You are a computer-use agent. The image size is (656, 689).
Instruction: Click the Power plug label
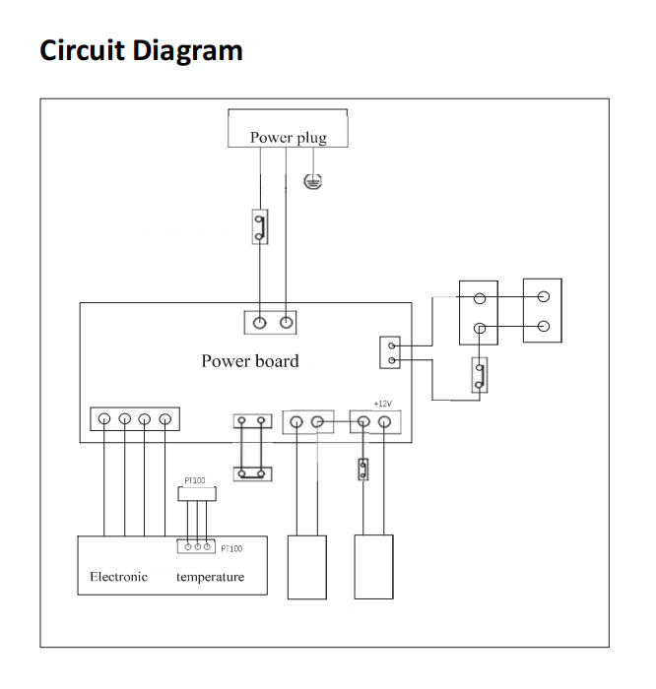288,137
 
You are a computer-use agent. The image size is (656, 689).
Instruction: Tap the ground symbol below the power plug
312,180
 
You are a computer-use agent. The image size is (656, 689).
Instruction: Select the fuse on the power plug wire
259,226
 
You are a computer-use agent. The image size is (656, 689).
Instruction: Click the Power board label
250,360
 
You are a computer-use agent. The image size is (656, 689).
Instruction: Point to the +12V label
384,403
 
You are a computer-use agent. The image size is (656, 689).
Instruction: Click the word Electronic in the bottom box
118,576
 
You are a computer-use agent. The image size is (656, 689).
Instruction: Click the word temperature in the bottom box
210,576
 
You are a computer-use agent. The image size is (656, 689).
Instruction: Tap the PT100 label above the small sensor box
195,481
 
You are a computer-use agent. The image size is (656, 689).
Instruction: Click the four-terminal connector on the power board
135,419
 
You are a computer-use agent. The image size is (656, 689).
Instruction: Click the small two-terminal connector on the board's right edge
390,353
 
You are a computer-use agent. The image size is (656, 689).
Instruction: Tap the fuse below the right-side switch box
479,374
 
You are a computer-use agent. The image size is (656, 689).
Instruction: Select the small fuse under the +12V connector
363,470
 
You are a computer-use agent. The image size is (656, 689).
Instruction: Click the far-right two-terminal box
542,311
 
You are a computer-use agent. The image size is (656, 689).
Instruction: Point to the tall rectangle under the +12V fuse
373,566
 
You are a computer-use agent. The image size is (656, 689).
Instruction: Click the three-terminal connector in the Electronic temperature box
196,546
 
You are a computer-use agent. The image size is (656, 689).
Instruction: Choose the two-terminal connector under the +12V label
372,421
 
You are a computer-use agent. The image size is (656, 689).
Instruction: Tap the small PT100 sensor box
195,494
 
